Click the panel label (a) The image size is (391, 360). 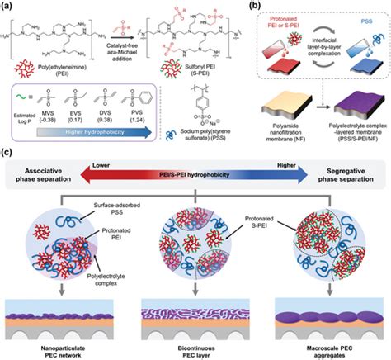tap(8, 7)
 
